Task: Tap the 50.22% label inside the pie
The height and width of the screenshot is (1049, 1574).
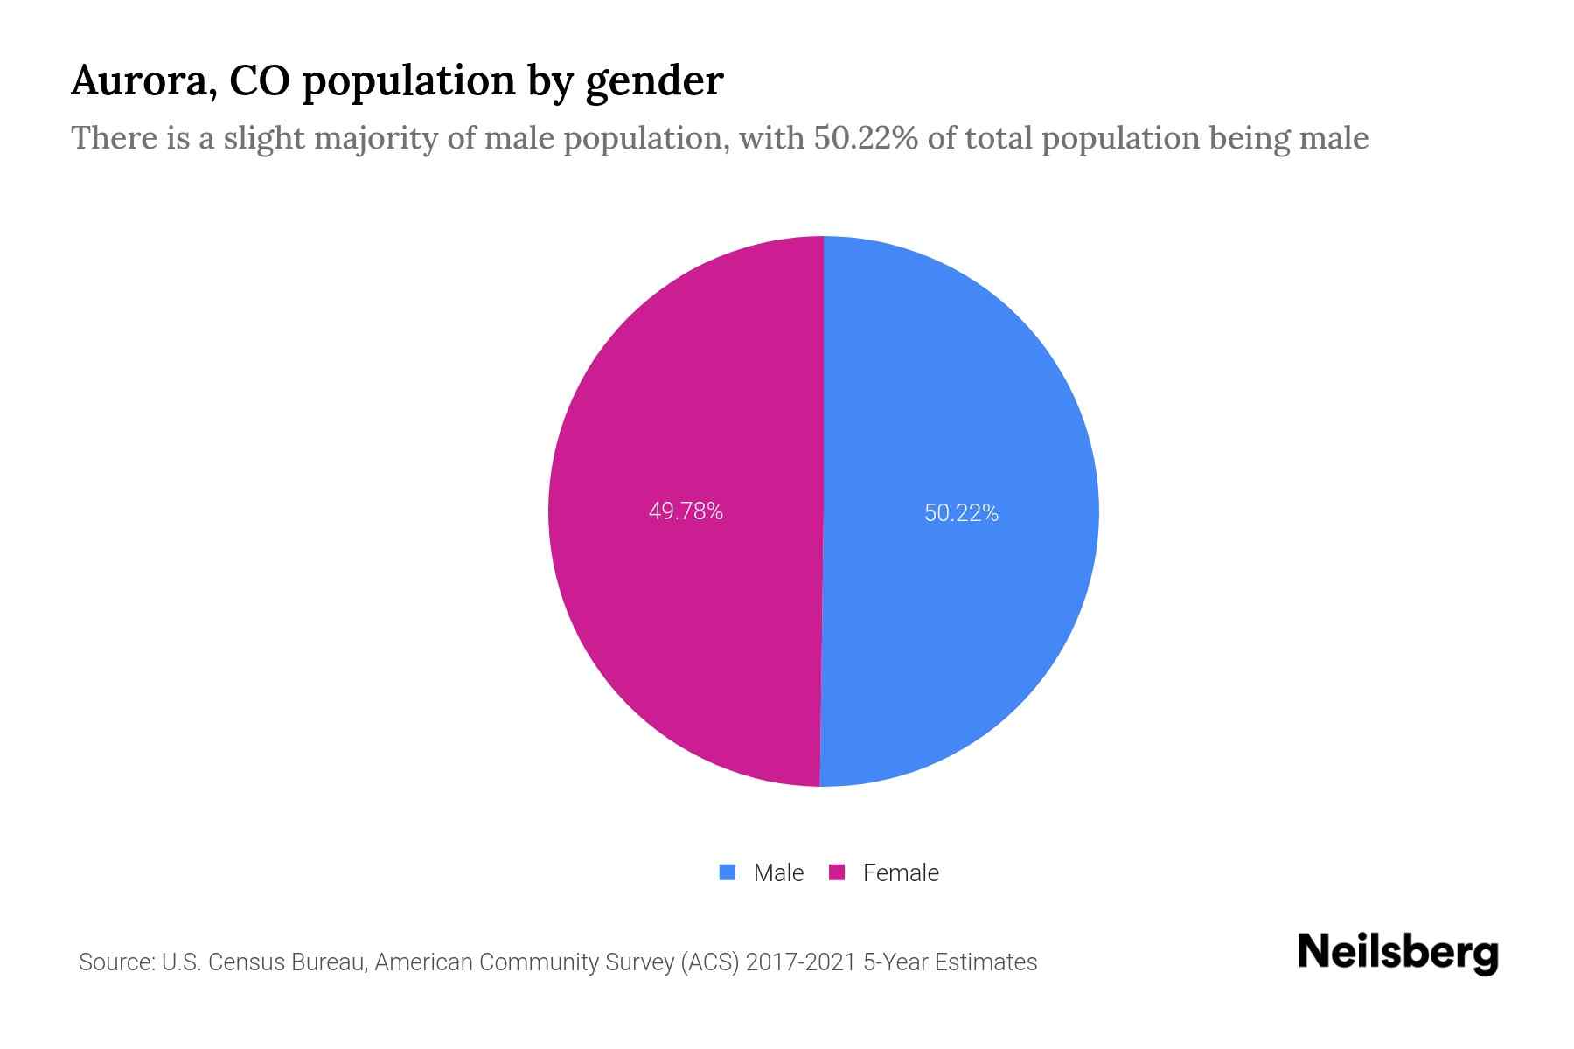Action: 961,513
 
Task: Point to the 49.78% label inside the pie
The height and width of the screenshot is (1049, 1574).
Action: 686,511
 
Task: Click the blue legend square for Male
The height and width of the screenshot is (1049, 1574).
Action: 728,872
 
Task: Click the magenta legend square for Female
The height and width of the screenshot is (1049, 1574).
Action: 837,872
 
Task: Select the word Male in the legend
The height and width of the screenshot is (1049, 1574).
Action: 778,873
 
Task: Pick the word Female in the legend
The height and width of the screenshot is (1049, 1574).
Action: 901,873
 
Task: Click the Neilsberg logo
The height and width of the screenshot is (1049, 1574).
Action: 1397,953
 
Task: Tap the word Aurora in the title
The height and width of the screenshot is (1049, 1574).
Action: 143,81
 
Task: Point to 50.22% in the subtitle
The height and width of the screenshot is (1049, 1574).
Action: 866,138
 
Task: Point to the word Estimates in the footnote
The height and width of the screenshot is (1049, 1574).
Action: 985,962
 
